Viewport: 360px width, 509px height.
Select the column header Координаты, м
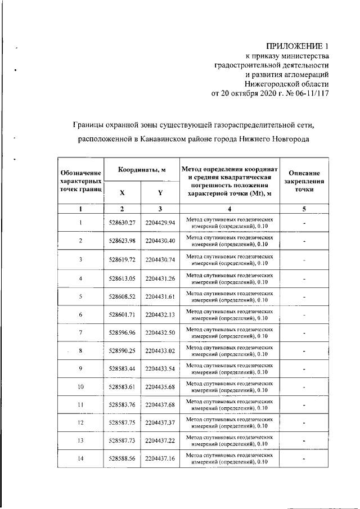point(141,170)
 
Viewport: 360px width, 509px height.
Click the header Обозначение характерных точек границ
point(80,181)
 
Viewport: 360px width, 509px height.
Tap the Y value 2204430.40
point(160,241)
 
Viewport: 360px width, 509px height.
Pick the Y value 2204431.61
point(160,296)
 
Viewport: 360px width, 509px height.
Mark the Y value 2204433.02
point(160,351)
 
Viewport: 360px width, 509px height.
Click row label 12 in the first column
point(80,423)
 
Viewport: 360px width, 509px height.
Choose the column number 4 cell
point(229,209)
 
